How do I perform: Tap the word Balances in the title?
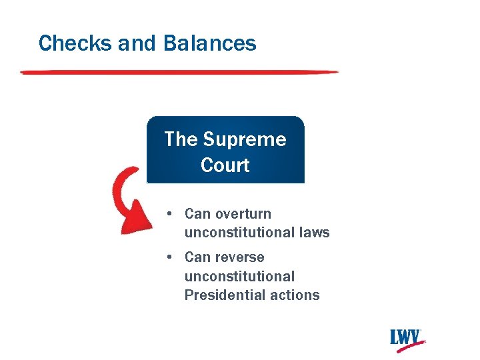click(x=209, y=43)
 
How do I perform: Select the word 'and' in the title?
click(x=137, y=43)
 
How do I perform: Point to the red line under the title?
click(x=180, y=71)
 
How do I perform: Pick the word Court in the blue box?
click(x=225, y=165)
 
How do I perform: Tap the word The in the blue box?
click(x=181, y=139)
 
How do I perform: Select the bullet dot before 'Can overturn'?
click(x=171, y=213)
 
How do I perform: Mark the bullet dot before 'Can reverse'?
click(x=171, y=257)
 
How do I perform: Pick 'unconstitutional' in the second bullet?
click(x=239, y=276)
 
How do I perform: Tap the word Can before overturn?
click(x=197, y=214)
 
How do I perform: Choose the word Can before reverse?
click(x=197, y=257)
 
